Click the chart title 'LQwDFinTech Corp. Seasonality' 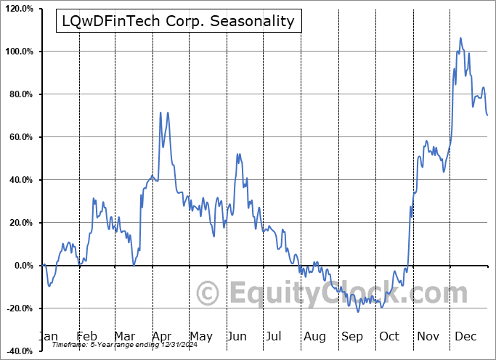[176, 21]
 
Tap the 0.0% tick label [22, 266]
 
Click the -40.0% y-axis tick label [19, 351]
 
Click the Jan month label [47, 336]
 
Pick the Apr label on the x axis [161, 336]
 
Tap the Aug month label [315, 336]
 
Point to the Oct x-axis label [390, 336]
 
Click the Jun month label [237, 336]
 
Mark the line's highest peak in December [460, 38]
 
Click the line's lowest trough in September [358, 311]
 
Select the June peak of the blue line [238, 154]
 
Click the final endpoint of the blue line [487, 115]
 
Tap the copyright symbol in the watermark [209, 293]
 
